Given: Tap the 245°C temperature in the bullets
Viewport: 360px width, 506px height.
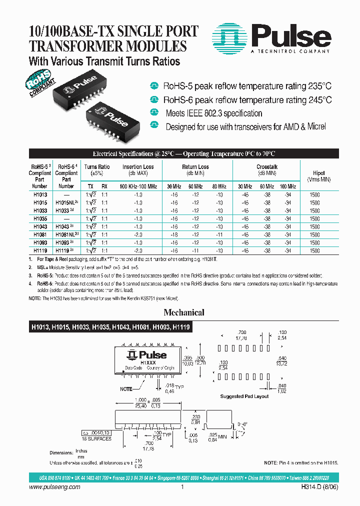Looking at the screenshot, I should click(x=319, y=99).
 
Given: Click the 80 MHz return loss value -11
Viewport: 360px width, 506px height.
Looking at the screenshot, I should click(x=219, y=234).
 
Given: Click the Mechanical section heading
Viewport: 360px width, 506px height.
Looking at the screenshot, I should click(x=184, y=312).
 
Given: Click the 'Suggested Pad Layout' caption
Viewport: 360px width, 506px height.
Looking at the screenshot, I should click(x=244, y=396).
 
